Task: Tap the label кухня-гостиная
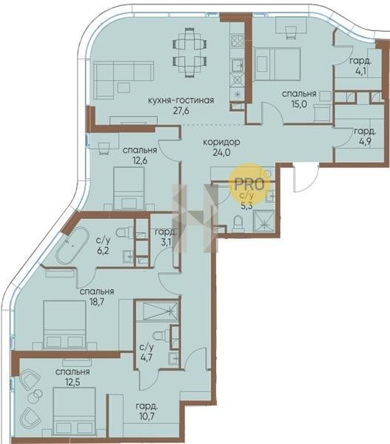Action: point(181,101)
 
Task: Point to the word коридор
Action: point(221,142)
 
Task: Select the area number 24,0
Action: point(221,152)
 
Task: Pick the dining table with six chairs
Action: point(189,52)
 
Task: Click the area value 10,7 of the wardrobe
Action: point(147,417)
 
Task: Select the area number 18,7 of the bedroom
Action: point(97,302)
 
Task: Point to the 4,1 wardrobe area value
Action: point(360,71)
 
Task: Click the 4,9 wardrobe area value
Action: point(365,141)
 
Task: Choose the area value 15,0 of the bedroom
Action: point(299,104)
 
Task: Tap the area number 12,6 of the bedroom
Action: point(140,161)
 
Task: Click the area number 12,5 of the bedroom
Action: point(72,383)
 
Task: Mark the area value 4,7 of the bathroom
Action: point(147,357)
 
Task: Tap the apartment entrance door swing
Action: point(306,179)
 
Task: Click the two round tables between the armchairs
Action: point(35,396)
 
